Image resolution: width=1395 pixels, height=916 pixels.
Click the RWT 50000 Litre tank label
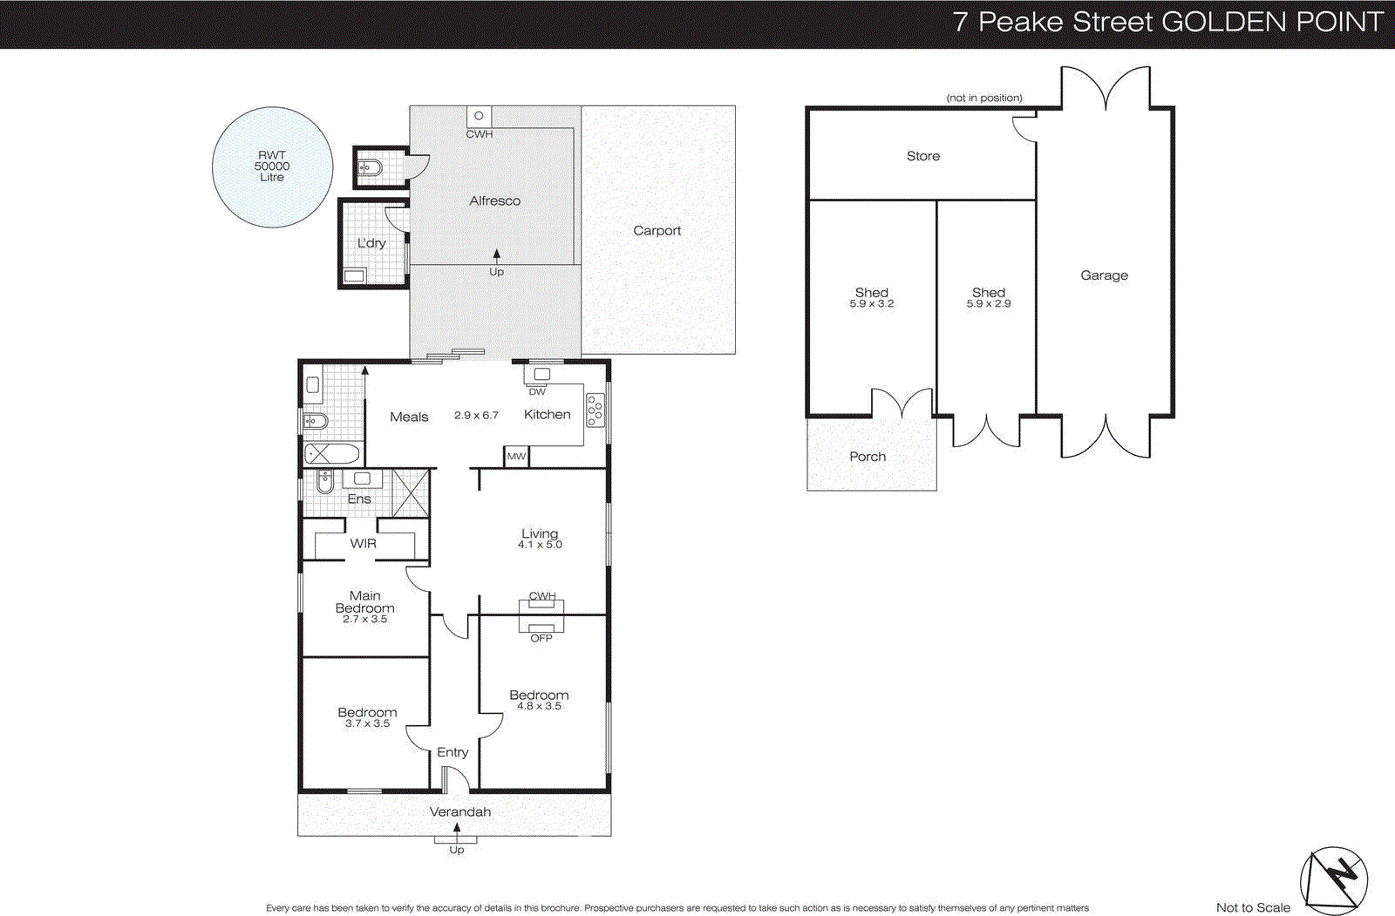coord(272,166)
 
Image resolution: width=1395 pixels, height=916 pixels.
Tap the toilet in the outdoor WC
coord(369,167)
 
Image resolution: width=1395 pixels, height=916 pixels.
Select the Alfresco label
coord(494,200)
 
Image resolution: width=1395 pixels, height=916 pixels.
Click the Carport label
coord(657,230)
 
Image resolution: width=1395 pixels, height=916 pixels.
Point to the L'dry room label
coord(371,243)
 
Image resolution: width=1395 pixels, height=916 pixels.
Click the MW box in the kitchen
coord(516,456)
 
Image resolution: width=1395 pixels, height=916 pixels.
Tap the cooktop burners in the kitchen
coord(595,410)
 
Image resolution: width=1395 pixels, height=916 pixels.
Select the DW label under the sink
coord(537,392)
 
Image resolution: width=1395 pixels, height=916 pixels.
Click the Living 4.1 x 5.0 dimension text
coord(540,545)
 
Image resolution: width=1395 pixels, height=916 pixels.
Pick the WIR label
coord(363,543)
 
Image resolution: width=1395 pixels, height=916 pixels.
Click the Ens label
coord(359,499)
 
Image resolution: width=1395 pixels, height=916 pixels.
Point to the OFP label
coord(541,638)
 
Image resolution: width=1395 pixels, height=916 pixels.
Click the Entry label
coord(453,751)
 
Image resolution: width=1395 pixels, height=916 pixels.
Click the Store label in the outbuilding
coord(923,156)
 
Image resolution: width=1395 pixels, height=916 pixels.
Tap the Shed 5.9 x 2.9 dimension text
coord(989,304)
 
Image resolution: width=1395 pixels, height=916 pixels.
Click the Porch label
coord(868,456)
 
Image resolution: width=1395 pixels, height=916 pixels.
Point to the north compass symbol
coord(1334,879)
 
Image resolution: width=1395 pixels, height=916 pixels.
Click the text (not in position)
coord(984,98)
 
